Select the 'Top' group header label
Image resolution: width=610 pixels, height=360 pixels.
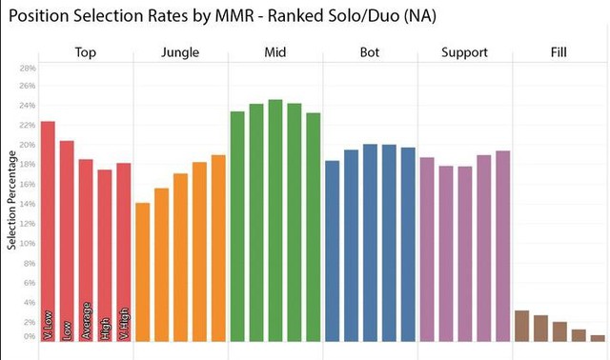coord(86,51)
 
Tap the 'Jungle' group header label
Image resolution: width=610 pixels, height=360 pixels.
coord(180,51)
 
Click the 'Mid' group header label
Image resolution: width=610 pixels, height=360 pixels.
coord(275,51)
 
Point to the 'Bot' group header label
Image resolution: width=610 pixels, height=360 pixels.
coord(370,51)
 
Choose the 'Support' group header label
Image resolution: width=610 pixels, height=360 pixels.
coord(465,51)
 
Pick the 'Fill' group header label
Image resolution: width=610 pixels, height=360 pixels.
coord(559,51)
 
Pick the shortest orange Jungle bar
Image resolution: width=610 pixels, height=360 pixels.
coord(143,271)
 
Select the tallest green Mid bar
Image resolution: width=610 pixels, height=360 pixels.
coord(275,219)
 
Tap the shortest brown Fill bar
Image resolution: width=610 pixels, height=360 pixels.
coord(598,337)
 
